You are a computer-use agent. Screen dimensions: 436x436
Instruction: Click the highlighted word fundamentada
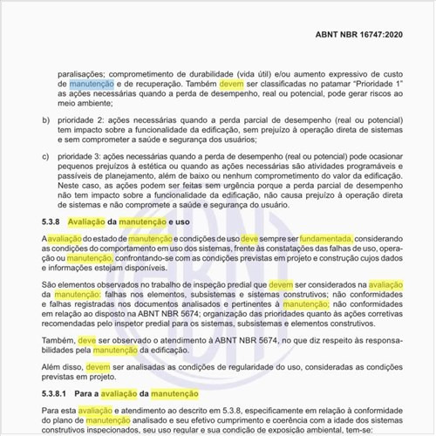325,238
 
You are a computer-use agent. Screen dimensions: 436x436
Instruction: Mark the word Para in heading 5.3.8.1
88,394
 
